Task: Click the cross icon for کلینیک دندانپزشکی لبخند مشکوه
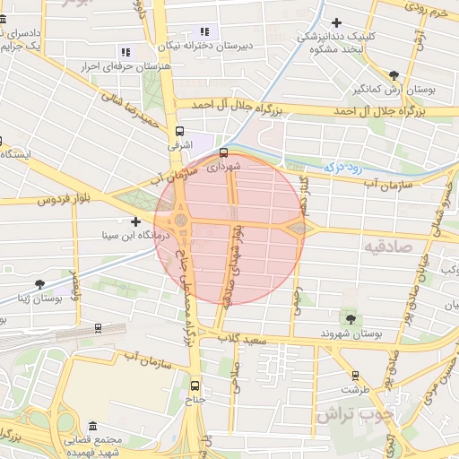336,22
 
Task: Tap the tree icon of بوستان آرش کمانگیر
394,75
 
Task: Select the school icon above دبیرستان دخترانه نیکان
204,31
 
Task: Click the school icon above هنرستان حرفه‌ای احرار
125,52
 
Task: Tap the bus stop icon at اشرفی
180,129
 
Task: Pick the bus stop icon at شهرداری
223,152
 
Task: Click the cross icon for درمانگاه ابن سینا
135,221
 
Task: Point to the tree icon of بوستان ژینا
39,284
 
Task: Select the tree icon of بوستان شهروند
350,318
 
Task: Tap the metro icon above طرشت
355,376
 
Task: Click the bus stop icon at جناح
195,386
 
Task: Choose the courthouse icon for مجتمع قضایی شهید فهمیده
93,426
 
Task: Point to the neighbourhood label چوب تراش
355,416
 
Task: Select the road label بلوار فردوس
42,199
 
